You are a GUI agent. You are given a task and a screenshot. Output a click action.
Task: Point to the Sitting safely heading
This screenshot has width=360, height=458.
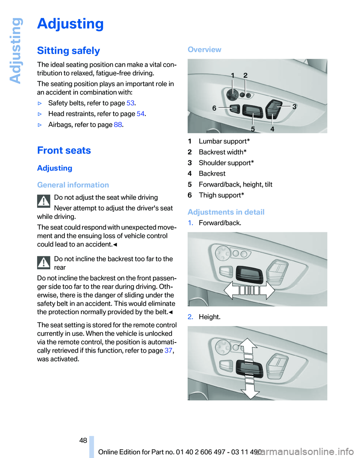[69, 51]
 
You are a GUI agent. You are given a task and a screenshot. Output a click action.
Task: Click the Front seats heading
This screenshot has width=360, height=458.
[64, 151]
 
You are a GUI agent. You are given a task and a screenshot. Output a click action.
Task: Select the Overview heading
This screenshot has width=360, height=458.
[204, 49]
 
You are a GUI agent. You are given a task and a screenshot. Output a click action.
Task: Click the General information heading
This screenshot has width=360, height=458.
[73, 185]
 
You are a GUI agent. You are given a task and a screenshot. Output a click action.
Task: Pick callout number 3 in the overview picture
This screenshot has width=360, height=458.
[294, 106]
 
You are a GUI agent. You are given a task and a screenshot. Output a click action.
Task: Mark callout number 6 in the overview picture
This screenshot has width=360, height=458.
[214, 108]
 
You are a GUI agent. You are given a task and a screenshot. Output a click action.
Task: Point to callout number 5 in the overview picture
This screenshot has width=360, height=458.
[253, 129]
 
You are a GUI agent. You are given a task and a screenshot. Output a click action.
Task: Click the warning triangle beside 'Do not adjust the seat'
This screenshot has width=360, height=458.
[44, 201]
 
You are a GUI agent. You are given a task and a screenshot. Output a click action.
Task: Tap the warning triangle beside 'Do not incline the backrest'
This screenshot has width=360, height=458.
[44, 263]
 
